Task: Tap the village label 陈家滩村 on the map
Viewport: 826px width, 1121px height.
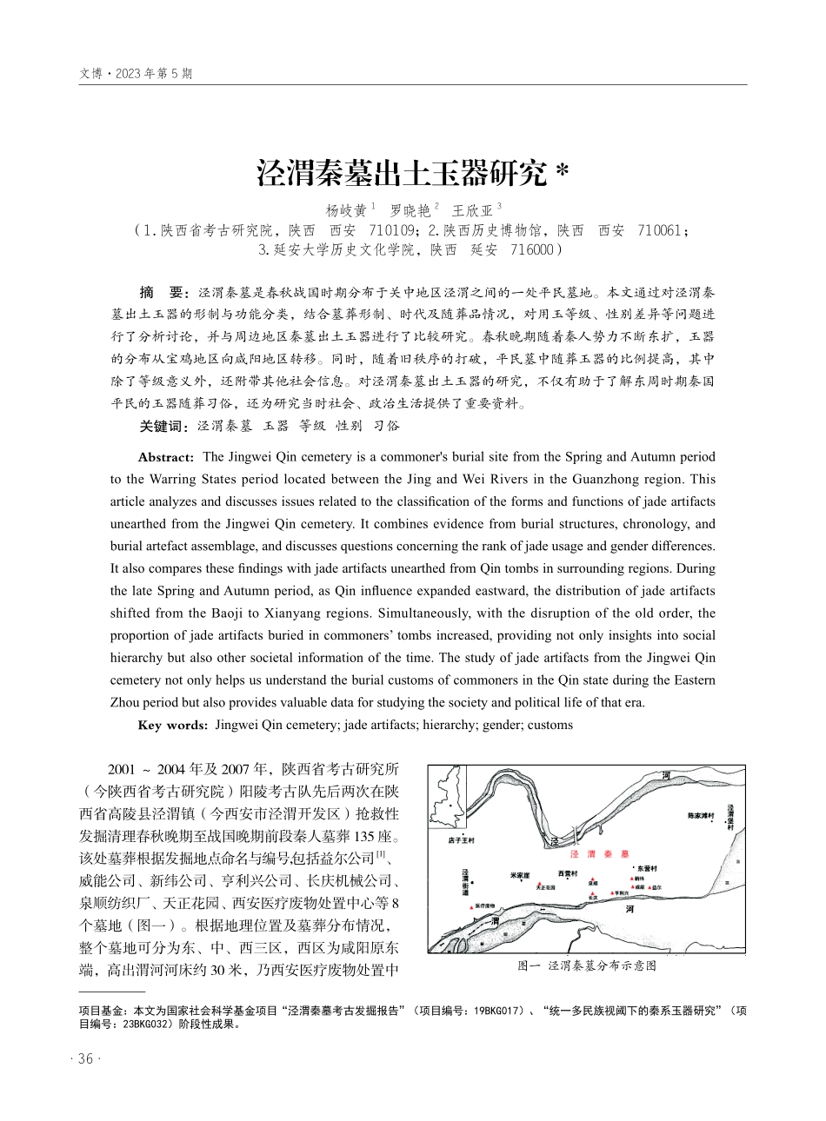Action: (x=701, y=816)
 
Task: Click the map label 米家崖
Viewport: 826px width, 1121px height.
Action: (x=520, y=874)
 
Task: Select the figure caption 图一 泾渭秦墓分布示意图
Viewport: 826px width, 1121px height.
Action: (x=587, y=965)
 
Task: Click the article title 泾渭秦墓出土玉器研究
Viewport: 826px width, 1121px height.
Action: (x=403, y=172)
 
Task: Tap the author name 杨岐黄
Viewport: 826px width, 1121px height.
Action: (x=346, y=211)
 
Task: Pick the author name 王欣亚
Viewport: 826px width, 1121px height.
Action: (x=472, y=211)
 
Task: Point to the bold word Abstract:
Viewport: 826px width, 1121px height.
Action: (x=165, y=457)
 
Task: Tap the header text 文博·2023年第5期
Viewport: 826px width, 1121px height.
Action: (x=135, y=74)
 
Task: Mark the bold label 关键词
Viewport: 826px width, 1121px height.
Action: (x=163, y=426)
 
